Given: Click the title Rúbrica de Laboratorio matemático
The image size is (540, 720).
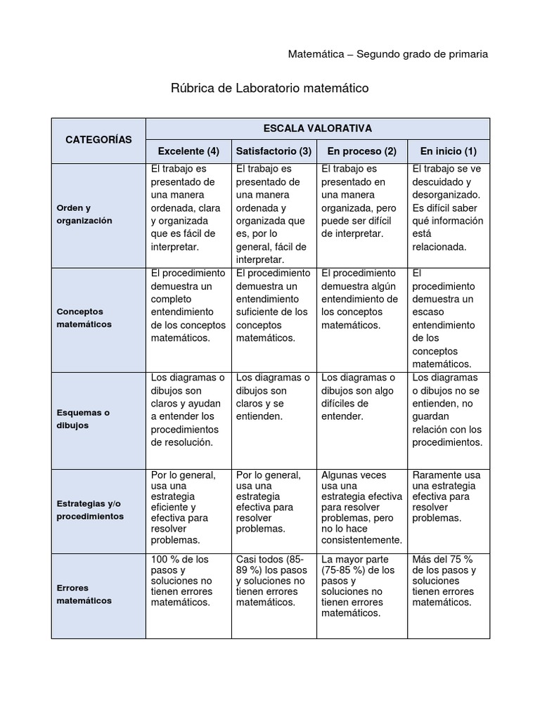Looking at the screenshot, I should click(x=270, y=89).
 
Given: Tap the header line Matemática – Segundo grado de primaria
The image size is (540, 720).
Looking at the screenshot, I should click(x=388, y=54).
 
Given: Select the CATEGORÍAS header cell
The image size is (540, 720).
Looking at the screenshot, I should click(x=98, y=140).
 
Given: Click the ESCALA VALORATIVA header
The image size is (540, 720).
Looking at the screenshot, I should click(x=317, y=128).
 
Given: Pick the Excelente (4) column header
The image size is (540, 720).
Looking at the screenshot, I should click(x=188, y=151).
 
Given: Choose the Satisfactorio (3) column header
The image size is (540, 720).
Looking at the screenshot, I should click(x=274, y=151).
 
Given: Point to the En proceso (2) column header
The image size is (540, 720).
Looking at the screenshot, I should click(x=361, y=151).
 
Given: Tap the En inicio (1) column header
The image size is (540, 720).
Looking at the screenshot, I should click(x=448, y=151).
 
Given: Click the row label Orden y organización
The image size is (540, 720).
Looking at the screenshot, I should click(x=84, y=214).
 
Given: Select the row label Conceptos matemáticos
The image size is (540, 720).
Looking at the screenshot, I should click(x=84, y=318).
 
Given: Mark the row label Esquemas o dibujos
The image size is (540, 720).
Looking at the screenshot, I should click(x=83, y=419).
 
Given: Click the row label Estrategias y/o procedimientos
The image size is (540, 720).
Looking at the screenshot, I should click(x=90, y=510).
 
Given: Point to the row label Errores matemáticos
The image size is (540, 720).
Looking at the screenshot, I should click(x=84, y=594).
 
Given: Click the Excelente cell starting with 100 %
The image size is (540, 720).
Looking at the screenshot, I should click(x=188, y=581).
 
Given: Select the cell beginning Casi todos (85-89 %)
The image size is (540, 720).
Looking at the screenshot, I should click(x=274, y=581).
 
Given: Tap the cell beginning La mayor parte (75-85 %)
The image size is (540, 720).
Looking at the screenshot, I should click(x=361, y=586).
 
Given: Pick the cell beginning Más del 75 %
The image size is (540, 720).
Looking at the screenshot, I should click(x=448, y=581).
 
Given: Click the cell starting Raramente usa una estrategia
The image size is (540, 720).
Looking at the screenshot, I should click(x=448, y=496).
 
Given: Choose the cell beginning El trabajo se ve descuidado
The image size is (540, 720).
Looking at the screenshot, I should click(x=448, y=207).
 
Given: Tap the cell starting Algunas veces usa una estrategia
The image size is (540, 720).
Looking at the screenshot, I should click(x=361, y=507).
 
